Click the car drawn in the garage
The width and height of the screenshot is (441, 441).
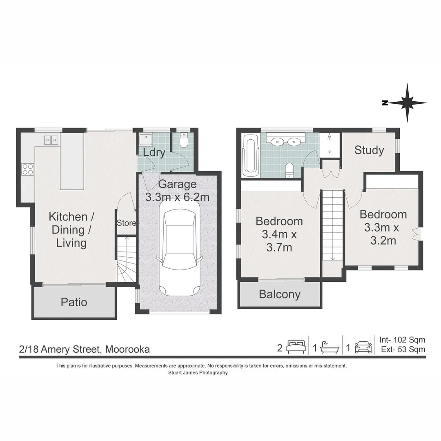click(180, 252)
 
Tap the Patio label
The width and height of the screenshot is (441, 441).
click(74, 302)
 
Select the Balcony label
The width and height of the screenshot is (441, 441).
click(280, 294)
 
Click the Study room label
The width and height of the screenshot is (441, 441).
click(369, 150)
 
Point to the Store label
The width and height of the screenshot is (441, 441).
click(126, 223)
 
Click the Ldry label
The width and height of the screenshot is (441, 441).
click(154, 152)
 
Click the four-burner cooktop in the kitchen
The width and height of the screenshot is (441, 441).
click(28, 169)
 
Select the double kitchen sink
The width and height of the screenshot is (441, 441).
click(51, 140)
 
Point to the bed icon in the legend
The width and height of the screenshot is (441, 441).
click(296, 347)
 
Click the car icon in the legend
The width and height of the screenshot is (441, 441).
click(363, 347)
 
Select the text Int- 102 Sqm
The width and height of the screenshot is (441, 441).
click(402, 340)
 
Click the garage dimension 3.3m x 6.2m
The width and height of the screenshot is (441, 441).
click(177, 197)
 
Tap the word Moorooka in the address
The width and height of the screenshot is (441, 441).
click(127, 349)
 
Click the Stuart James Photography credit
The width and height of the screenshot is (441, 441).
click(198, 373)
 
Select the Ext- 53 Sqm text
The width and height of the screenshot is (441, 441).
click(403, 349)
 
